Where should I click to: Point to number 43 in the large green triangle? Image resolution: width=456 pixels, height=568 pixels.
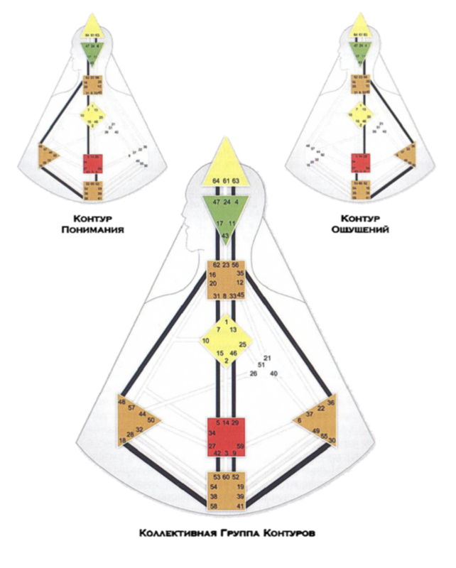click(x=225, y=235)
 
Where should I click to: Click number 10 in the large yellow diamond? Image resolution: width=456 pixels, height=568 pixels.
click(x=206, y=342)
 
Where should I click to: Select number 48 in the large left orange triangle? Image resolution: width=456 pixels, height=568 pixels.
click(x=121, y=401)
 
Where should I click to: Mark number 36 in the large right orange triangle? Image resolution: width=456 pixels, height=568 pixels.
click(x=331, y=403)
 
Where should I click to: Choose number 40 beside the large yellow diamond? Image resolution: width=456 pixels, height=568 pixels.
click(x=273, y=373)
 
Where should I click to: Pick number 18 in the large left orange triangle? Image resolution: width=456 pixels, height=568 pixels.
click(x=123, y=441)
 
